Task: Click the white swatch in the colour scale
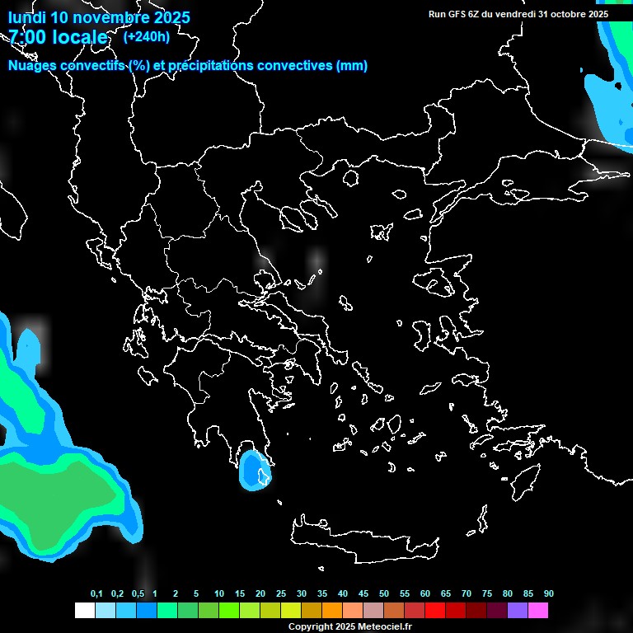click(x=85, y=611)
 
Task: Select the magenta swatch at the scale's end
click(x=538, y=611)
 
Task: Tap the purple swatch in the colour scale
click(x=518, y=611)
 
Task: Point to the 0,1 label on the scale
click(x=96, y=594)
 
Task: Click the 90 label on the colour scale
click(x=549, y=594)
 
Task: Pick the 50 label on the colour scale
click(x=384, y=594)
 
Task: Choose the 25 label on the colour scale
click(x=281, y=594)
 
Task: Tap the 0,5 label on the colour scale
click(x=138, y=594)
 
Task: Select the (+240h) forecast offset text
click(x=146, y=37)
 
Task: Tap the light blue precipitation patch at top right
click(x=610, y=99)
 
